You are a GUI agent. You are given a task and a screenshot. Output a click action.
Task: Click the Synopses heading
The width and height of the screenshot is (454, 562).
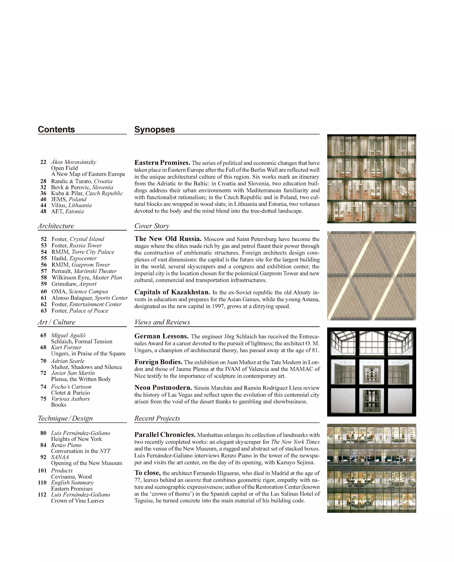pos(154,129)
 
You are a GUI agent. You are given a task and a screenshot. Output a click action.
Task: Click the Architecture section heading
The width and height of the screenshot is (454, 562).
pos(56,226)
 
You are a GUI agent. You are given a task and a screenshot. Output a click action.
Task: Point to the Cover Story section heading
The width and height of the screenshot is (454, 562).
pos(152,226)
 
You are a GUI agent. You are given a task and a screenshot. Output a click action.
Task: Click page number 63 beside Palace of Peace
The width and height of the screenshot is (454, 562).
pos(44,311)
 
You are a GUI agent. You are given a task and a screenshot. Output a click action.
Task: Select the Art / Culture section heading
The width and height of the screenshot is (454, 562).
pos(57,322)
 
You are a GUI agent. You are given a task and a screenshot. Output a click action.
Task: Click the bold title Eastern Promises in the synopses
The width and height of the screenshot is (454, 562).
pos(162,163)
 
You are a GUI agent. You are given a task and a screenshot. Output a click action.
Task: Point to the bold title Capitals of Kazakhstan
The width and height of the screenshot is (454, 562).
pos(172,292)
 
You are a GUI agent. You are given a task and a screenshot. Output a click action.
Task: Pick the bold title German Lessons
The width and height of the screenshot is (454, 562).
pos(161,336)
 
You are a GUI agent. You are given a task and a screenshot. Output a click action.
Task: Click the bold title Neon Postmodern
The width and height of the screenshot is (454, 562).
pos(163,388)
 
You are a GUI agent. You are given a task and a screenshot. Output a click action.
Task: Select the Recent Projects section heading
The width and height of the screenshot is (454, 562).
pos(157,418)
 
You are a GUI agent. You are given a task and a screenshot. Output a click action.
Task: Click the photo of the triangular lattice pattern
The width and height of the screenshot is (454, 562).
pos(371,276)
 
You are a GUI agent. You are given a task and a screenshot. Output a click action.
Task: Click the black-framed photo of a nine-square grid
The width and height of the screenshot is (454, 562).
pos(371,372)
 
